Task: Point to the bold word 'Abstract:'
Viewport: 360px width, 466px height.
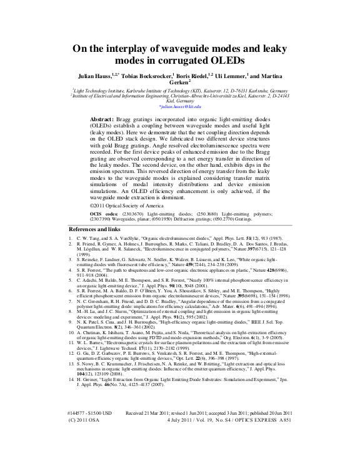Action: pyautogui.click(x=102, y=119)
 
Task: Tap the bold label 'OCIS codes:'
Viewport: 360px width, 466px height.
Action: pyautogui.click(x=104, y=214)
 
